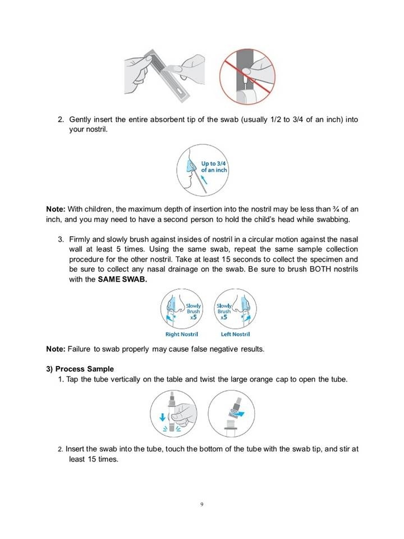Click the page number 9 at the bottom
coord(201,504)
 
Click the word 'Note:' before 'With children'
coord(56,209)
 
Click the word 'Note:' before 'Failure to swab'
coord(56,349)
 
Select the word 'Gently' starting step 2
coord(81,120)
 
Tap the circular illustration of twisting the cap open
coord(229,413)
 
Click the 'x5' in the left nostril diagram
coord(223,317)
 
